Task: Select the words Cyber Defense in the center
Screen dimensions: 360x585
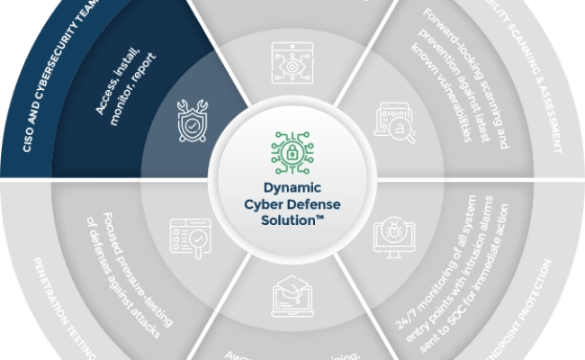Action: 292,206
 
